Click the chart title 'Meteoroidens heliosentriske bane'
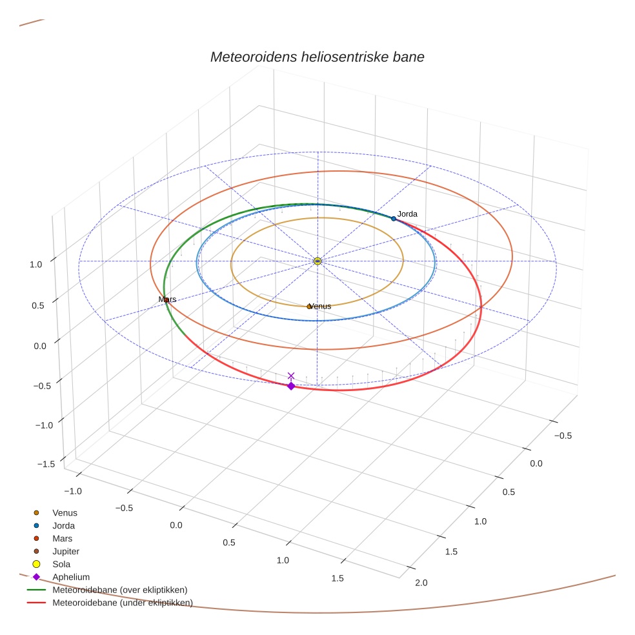[x=317, y=57]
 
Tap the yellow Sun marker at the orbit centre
[x=317, y=261]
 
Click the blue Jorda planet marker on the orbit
[x=394, y=219]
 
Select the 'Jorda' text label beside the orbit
[x=407, y=214]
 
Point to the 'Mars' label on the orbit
[x=168, y=299]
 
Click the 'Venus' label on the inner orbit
[x=321, y=306]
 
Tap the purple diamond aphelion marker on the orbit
[x=291, y=386]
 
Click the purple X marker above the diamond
[x=291, y=376]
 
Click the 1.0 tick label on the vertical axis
[x=35, y=264]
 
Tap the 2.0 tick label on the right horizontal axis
[x=421, y=583]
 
